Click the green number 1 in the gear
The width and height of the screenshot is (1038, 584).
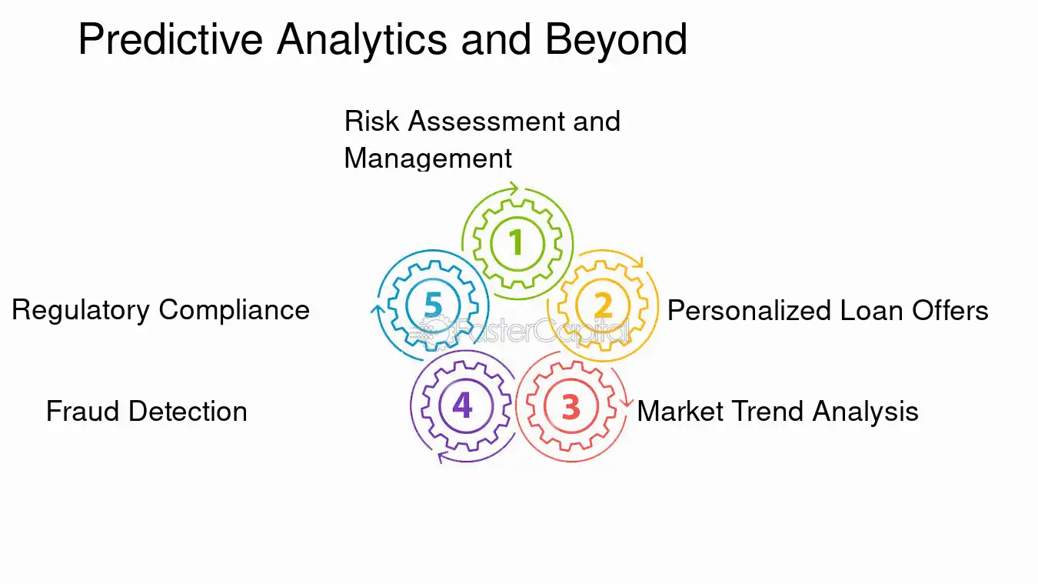tap(517, 242)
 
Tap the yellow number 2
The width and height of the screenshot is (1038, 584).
tap(604, 306)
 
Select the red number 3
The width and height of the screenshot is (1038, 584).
tap(571, 407)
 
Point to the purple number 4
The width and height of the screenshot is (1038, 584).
tap(462, 405)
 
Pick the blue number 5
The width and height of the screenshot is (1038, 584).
tap(434, 305)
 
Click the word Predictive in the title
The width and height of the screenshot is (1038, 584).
tap(171, 39)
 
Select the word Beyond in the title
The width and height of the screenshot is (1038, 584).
tap(616, 39)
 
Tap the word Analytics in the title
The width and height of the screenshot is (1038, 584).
tap(362, 39)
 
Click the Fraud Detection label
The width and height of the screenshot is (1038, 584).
tap(146, 411)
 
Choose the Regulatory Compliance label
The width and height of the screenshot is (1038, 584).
tap(161, 310)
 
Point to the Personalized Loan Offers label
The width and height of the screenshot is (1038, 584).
tap(827, 310)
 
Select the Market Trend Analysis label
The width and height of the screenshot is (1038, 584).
tap(777, 411)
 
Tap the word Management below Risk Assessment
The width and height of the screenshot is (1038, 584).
tap(428, 158)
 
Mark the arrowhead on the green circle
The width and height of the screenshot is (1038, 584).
tap(514, 187)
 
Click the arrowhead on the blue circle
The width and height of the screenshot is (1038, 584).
tap(376, 309)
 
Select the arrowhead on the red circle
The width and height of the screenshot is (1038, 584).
tap(627, 402)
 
